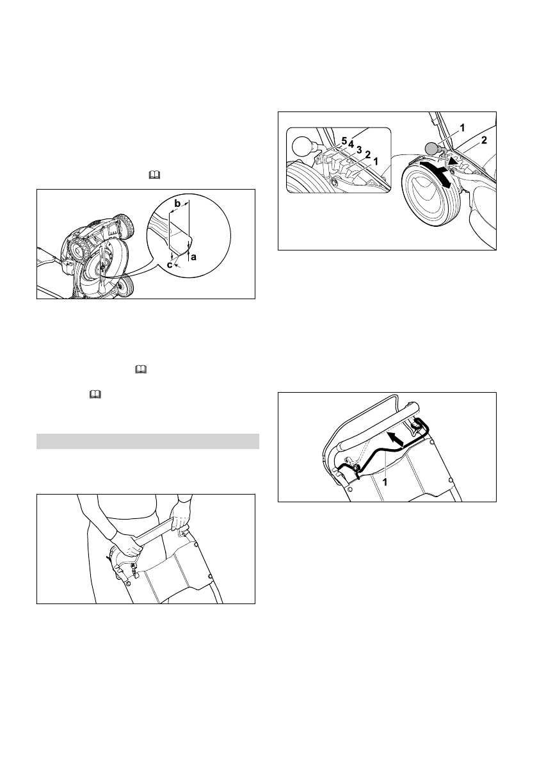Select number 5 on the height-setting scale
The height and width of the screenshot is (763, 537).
(x=344, y=140)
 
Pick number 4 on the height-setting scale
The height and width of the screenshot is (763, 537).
(x=351, y=144)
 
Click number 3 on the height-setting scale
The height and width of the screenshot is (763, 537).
(x=359, y=149)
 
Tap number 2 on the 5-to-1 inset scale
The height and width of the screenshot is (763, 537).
(x=367, y=154)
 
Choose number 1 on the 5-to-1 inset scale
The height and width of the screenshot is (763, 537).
(x=376, y=161)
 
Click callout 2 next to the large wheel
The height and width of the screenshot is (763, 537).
(x=484, y=141)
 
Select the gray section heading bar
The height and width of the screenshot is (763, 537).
(x=148, y=442)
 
